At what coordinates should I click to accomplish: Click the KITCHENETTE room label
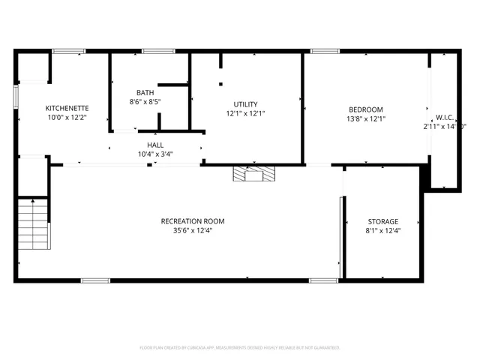click(x=68, y=107)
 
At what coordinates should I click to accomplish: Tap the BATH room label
click(x=145, y=92)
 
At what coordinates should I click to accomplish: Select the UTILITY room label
click(x=246, y=104)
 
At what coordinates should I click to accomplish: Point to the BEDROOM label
click(x=365, y=109)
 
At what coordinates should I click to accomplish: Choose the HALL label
click(x=155, y=145)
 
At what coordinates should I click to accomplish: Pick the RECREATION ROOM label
click(x=193, y=221)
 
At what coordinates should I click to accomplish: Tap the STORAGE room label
click(x=382, y=221)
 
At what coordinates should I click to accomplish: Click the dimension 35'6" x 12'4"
click(x=193, y=231)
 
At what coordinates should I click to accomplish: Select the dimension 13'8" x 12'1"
click(x=365, y=118)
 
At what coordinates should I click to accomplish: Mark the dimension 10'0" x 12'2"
click(x=67, y=117)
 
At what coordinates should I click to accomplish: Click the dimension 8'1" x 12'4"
click(x=382, y=231)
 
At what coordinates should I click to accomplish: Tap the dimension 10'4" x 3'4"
click(x=155, y=154)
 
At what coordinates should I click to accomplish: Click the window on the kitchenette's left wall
click(x=15, y=98)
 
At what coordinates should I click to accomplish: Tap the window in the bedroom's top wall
click(x=325, y=51)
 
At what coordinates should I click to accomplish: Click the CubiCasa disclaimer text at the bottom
click(x=240, y=348)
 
